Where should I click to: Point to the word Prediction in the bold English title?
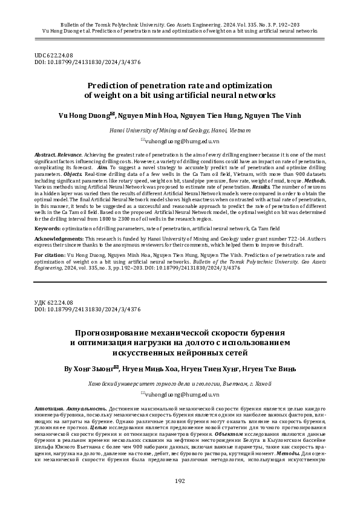(111, 85)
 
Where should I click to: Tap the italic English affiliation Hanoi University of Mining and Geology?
(179, 130)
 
